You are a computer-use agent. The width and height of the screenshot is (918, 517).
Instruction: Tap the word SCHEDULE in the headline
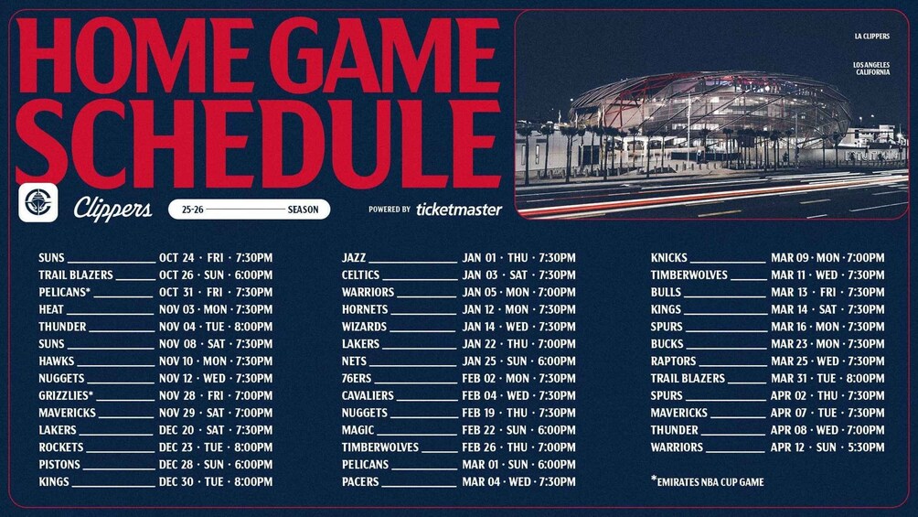[x=258, y=144]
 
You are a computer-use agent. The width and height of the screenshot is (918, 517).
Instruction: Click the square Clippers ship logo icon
[x=38, y=203]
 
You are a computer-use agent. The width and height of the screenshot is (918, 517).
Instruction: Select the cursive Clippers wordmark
[x=112, y=209]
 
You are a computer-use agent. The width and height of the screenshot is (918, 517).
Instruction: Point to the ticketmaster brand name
[x=459, y=210]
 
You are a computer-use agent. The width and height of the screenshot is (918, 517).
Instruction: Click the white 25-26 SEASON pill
[x=250, y=210]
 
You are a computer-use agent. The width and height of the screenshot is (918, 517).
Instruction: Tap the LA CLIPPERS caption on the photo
[x=871, y=37]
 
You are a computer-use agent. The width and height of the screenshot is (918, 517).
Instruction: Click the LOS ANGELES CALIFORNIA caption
[x=871, y=69]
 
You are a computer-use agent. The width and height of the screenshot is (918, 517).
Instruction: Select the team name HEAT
[x=51, y=309]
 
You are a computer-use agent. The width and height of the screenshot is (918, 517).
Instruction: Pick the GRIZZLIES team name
[x=66, y=395]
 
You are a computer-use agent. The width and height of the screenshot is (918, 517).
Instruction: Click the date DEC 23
[x=176, y=447]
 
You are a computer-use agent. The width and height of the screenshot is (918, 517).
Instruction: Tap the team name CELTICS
[x=360, y=275]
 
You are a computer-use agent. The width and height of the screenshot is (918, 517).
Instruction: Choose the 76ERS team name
[x=357, y=379]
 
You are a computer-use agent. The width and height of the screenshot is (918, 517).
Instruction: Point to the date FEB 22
[x=479, y=430]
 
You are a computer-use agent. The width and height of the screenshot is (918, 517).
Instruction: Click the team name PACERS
[x=360, y=482]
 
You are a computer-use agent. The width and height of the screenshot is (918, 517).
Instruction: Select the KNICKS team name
[x=668, y=258]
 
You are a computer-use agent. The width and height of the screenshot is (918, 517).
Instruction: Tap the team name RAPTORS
[x=673, y=361]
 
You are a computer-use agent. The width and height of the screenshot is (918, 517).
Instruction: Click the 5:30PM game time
[x=866, y=447]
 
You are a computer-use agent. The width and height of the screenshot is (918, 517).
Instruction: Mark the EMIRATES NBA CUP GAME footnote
[x=707, y=482]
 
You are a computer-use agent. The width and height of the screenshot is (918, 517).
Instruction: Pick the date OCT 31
[x=176, y=293]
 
